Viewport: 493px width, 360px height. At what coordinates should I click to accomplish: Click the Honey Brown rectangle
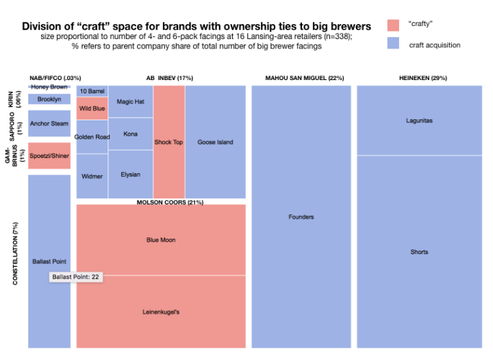click(49, 87)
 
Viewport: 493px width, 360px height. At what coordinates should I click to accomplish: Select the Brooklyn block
click(49, 99)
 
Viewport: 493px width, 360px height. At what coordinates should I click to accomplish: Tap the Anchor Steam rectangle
click(49, 124)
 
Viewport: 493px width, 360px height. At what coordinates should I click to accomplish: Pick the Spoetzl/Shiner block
click(49, 156)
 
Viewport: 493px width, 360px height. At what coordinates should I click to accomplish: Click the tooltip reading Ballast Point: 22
click(77, 277)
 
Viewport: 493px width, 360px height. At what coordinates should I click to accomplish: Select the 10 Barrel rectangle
click(92, 91)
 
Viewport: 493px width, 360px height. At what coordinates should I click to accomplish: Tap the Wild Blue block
click(92, 108)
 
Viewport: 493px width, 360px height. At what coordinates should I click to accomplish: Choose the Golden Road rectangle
click(92, 137)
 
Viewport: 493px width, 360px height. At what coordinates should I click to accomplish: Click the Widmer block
click(92, 176)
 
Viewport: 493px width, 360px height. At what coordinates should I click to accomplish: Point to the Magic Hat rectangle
click(130, 101)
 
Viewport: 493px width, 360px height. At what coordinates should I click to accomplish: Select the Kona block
click(130, 134)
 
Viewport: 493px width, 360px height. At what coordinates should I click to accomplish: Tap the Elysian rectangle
click(130, 175)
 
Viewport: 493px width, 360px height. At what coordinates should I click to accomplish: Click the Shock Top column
click(168, 142)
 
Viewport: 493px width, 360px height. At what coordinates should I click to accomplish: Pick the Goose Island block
click(215, 142)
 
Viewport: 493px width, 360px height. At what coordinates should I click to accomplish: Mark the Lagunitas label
click(419, 120)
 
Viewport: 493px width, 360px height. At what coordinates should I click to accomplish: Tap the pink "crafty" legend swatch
click(393, 25)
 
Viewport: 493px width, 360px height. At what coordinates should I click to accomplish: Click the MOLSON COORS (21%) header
click(170, 203)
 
